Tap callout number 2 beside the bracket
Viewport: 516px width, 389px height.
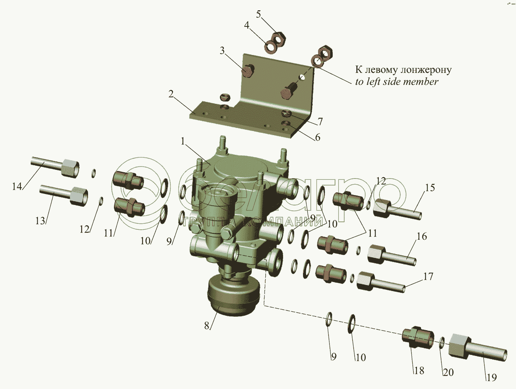171,94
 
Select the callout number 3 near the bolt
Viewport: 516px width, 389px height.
222,51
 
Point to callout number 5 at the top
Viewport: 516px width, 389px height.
259,14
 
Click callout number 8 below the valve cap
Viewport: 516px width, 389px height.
207,326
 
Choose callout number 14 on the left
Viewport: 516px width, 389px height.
17,186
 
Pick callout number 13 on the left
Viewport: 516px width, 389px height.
40,221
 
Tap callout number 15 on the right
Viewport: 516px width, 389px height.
430,187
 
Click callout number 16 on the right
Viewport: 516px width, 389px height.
422,236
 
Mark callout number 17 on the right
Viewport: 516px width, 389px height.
428,277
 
